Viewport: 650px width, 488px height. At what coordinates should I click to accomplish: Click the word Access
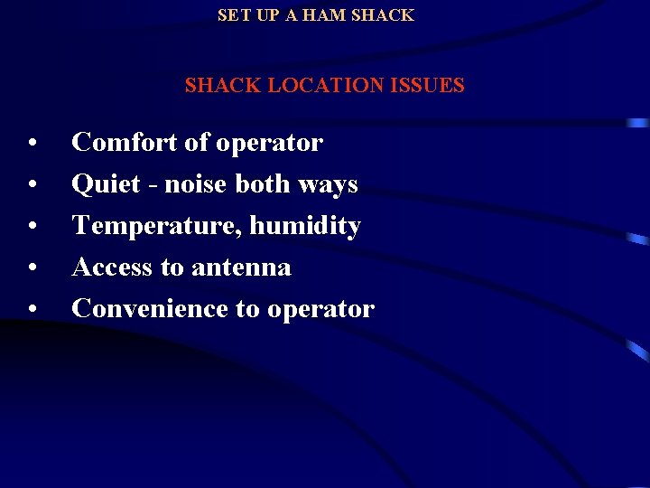point(112,267)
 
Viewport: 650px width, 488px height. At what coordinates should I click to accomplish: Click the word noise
point(192,184)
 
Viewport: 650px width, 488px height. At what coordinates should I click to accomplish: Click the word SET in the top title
point(233,15)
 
